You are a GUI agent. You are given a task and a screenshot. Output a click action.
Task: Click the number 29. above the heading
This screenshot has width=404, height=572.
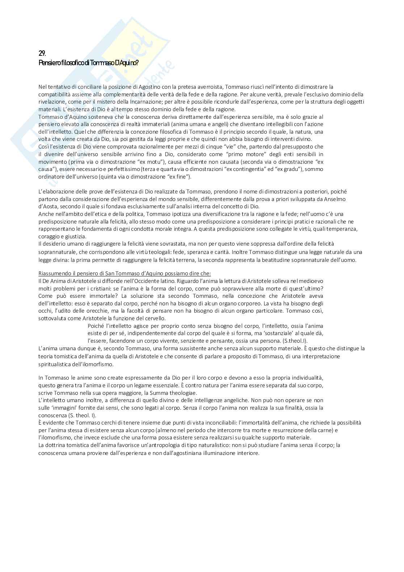[x=42, y=53]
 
